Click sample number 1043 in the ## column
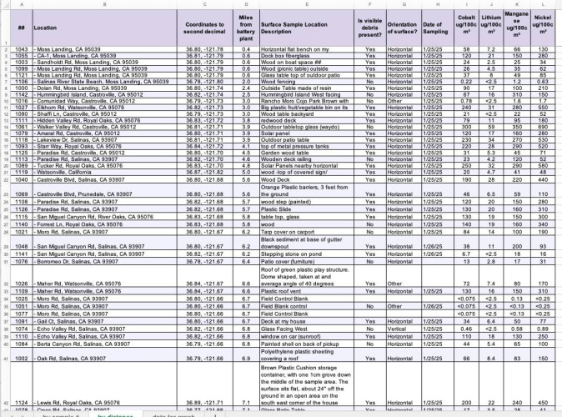pos(21,50)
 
